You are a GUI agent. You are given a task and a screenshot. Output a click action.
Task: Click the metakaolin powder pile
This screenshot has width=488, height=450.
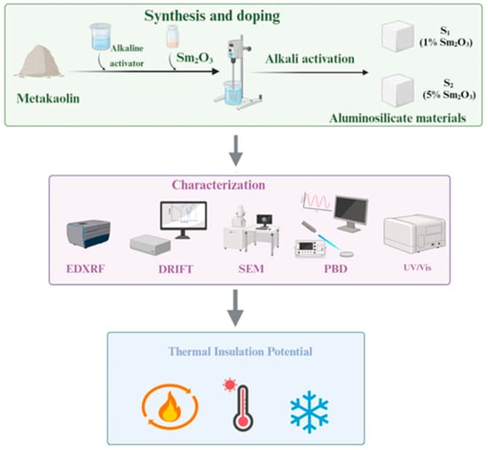[39, 61]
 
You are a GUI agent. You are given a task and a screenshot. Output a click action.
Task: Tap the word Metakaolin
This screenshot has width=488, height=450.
[48, 98]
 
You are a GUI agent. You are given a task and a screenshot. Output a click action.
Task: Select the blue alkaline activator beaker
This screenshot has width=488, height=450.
[100, 36]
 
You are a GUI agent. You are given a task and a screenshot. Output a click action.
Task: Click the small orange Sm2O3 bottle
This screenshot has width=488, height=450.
[172, 36]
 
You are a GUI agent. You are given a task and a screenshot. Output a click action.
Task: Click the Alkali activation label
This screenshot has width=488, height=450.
[310, 58]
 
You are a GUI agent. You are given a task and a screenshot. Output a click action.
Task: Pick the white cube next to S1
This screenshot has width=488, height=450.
[397, 36]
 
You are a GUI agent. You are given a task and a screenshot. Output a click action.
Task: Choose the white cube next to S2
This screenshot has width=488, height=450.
[397, 90]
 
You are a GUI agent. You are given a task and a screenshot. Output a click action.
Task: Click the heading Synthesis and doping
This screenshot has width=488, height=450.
[212, 16]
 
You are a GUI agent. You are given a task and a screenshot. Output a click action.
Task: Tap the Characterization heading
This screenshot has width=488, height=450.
[218, 185]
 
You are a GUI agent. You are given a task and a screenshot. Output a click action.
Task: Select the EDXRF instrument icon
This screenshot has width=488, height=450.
[89, 233]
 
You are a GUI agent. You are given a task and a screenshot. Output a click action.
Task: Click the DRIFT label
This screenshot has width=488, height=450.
[176, 268]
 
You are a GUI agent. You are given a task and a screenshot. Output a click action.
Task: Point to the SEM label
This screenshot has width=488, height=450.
[251, 268]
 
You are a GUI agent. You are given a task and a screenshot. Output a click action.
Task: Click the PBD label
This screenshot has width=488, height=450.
[335, 268]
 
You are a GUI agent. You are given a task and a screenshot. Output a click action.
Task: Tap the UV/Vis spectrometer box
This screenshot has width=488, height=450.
[414, 234]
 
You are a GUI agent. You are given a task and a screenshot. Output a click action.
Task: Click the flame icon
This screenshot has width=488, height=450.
[169, 407]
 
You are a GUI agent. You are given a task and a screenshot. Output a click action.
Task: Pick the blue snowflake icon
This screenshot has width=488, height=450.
[310, 412]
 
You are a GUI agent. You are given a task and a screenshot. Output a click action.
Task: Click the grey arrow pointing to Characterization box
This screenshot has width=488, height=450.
[236, 151]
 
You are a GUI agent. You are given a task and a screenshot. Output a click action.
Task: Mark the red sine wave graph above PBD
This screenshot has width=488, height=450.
[317, 202]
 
